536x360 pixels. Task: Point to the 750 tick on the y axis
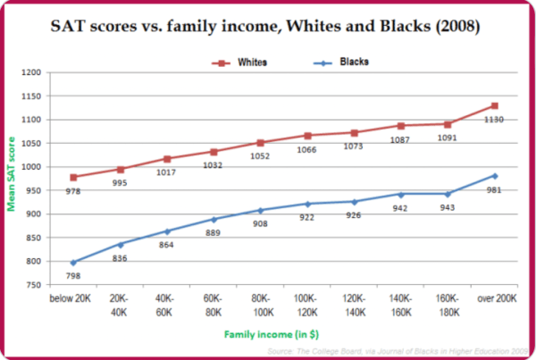tap(56, 285)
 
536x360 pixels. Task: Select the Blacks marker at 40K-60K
tap(167, 231)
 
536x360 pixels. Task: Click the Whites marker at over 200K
tap(494, 105)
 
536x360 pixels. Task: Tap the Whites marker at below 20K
tap(74, 177)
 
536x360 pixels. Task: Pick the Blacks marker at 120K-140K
tap(354, 202)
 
